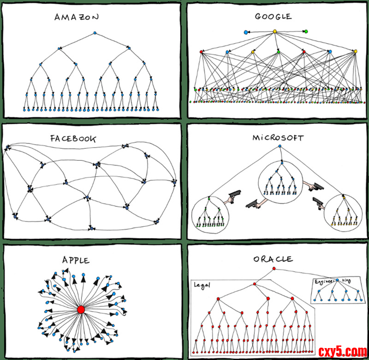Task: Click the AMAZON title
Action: click(77, 17)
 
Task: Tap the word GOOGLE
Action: click(273, 17)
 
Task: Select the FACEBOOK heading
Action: click(73, 139)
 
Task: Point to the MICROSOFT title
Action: click(278, 138)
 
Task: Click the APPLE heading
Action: click(76, 260)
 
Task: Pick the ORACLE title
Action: click(273, 259)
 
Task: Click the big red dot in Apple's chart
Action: click(81, 310)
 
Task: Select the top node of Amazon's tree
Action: click(95, 33)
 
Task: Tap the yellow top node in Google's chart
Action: click(275, 31)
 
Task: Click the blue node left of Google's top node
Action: click(246, 32)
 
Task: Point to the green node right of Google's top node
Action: click(306, 31)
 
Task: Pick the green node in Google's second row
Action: click(278, 52)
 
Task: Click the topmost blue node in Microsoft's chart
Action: click(279, 146)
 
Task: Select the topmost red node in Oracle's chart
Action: click(273, 269)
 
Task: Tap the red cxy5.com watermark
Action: click(343, 351)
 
